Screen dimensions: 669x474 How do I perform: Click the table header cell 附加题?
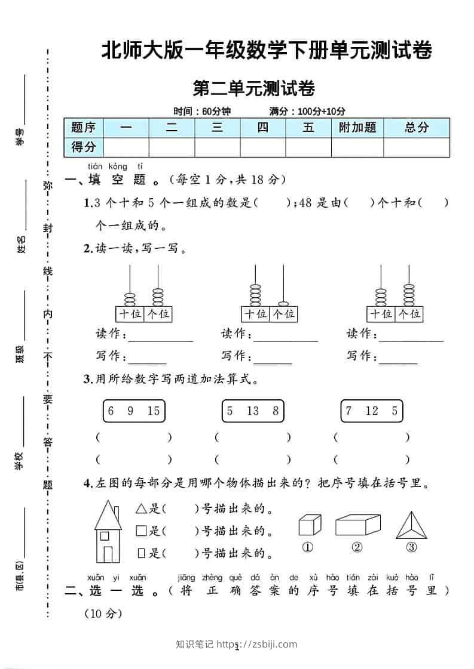[x=357, y=127]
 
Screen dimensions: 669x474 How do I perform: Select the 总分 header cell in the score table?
[x=417, y=127]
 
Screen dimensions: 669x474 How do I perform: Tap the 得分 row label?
[x=84, y=147]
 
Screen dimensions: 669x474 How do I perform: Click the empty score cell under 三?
[x=218, y=147]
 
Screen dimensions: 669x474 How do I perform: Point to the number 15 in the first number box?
[x=153, y=411]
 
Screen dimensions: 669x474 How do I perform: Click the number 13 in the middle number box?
[x=252, y=411]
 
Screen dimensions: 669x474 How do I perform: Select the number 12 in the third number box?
[x=372, y=411]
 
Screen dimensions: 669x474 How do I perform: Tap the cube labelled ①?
[x=307, y=525]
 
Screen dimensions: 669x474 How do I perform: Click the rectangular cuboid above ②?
[x=357, y=525]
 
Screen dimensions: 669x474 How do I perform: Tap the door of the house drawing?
[x=108, y=553]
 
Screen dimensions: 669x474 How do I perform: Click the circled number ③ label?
[x=411, y=547]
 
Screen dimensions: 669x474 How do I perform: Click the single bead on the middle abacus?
[x=284, y=303]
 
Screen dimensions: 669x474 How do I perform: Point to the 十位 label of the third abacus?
[x=381, y=314]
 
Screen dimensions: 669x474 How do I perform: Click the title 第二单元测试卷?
[x=254, y=89]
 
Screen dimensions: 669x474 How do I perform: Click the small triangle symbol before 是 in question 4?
[x=141, y=509]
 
